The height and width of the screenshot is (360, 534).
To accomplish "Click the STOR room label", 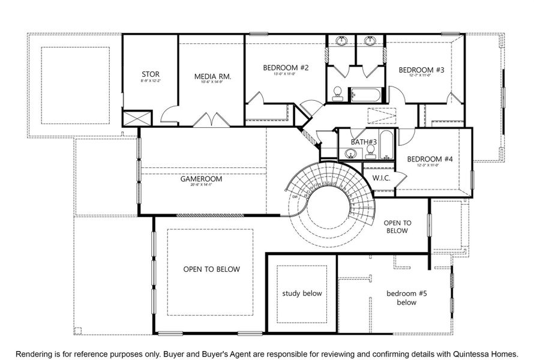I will point(150,74).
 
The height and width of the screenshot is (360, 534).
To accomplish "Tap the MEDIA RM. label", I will point(212,76).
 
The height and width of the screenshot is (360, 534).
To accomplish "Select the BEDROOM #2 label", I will point(286,68).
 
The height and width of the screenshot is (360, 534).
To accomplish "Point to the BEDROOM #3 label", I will point(421,70).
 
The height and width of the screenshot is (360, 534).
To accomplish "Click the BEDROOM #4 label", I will point(430,159).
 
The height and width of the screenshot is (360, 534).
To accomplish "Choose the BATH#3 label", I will point(364,142).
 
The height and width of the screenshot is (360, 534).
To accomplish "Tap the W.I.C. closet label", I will point(382,178).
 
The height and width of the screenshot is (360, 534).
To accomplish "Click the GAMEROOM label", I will point(202,179).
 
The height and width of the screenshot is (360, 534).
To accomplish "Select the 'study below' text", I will point(302,293).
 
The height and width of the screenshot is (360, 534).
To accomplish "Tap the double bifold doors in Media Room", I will point(211,119).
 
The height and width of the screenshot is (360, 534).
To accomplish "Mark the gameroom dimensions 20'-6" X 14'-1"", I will point(202,185).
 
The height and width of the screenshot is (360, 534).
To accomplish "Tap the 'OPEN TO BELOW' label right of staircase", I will point(397,226).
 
